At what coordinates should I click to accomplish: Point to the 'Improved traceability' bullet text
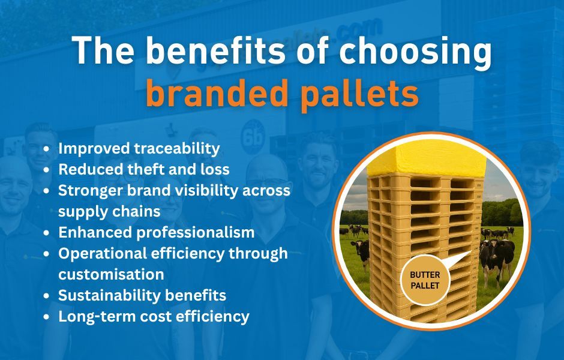coord(139,148)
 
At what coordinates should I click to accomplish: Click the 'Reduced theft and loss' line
coord(143,169)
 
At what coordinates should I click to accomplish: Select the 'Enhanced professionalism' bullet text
coord(156,232)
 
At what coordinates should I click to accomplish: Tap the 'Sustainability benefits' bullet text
coord(142,295)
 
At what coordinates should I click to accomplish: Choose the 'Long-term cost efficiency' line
coord(153,316)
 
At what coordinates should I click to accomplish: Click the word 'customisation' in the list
coord(111,274)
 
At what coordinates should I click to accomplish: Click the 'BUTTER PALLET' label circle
coord(425,280)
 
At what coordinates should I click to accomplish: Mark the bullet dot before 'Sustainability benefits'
coord(47,296)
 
